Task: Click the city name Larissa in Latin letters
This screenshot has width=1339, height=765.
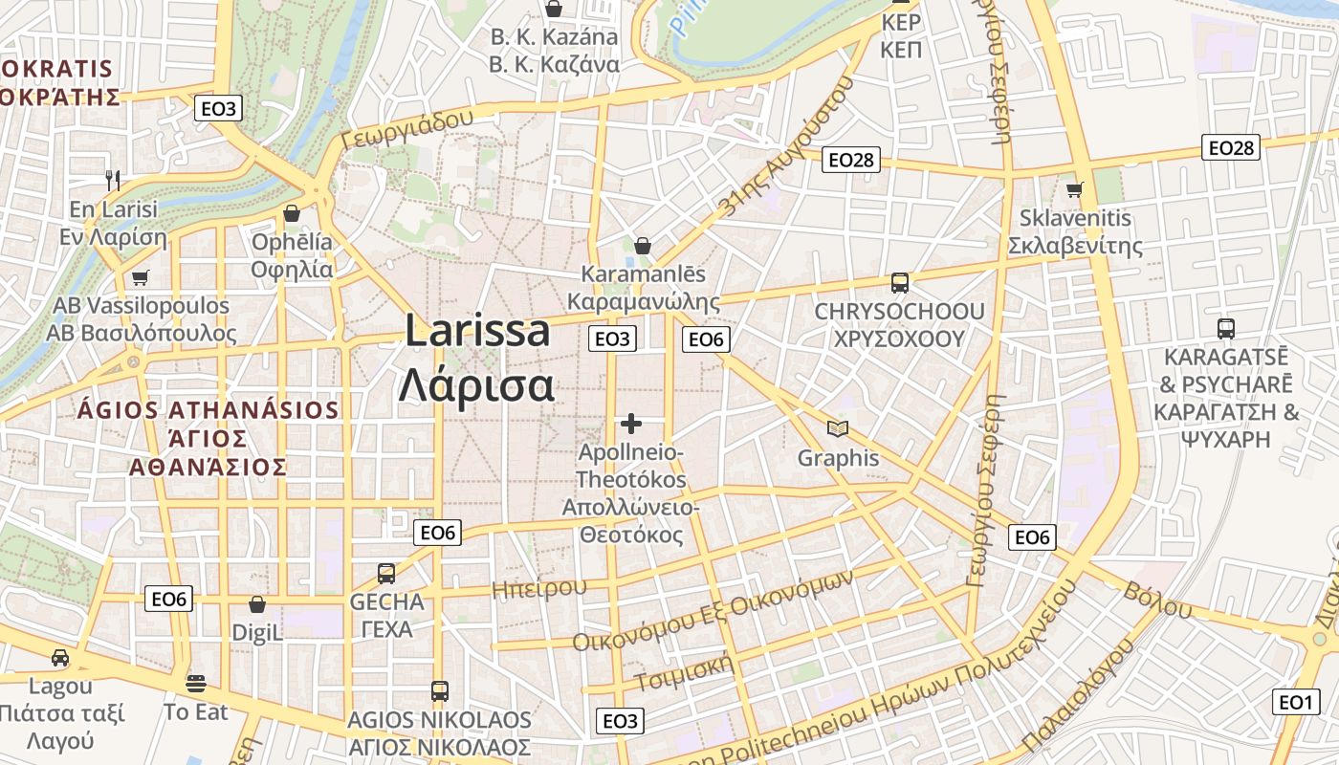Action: point(477,332)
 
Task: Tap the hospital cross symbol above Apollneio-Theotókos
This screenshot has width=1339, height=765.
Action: point(631,423)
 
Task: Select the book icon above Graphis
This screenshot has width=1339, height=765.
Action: point(838,429)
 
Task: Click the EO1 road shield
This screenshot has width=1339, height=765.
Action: point(1295,702)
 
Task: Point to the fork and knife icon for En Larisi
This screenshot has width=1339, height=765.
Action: point(112,179)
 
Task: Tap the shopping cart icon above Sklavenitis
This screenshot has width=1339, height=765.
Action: point(1075,189)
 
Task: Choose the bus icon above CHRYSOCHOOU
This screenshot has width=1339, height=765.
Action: point(899,282)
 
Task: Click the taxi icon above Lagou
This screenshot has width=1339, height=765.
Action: point(60,658)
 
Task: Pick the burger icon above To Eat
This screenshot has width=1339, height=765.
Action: point(196,684)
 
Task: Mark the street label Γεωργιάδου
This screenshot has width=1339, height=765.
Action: point(407,129)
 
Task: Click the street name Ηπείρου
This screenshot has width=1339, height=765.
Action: point(538,588)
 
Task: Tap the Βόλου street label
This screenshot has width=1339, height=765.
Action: point(1158,599)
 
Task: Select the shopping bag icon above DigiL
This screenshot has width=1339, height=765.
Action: point(256,604)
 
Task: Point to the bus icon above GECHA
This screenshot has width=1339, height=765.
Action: point(386,573)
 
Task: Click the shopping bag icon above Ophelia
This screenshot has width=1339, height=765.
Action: point(292,212)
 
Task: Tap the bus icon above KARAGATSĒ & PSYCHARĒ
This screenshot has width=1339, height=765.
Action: point(1226,329)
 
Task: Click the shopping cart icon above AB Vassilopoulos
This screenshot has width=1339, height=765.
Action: point(141,277)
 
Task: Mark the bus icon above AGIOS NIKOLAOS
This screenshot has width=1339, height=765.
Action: point(439,690)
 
